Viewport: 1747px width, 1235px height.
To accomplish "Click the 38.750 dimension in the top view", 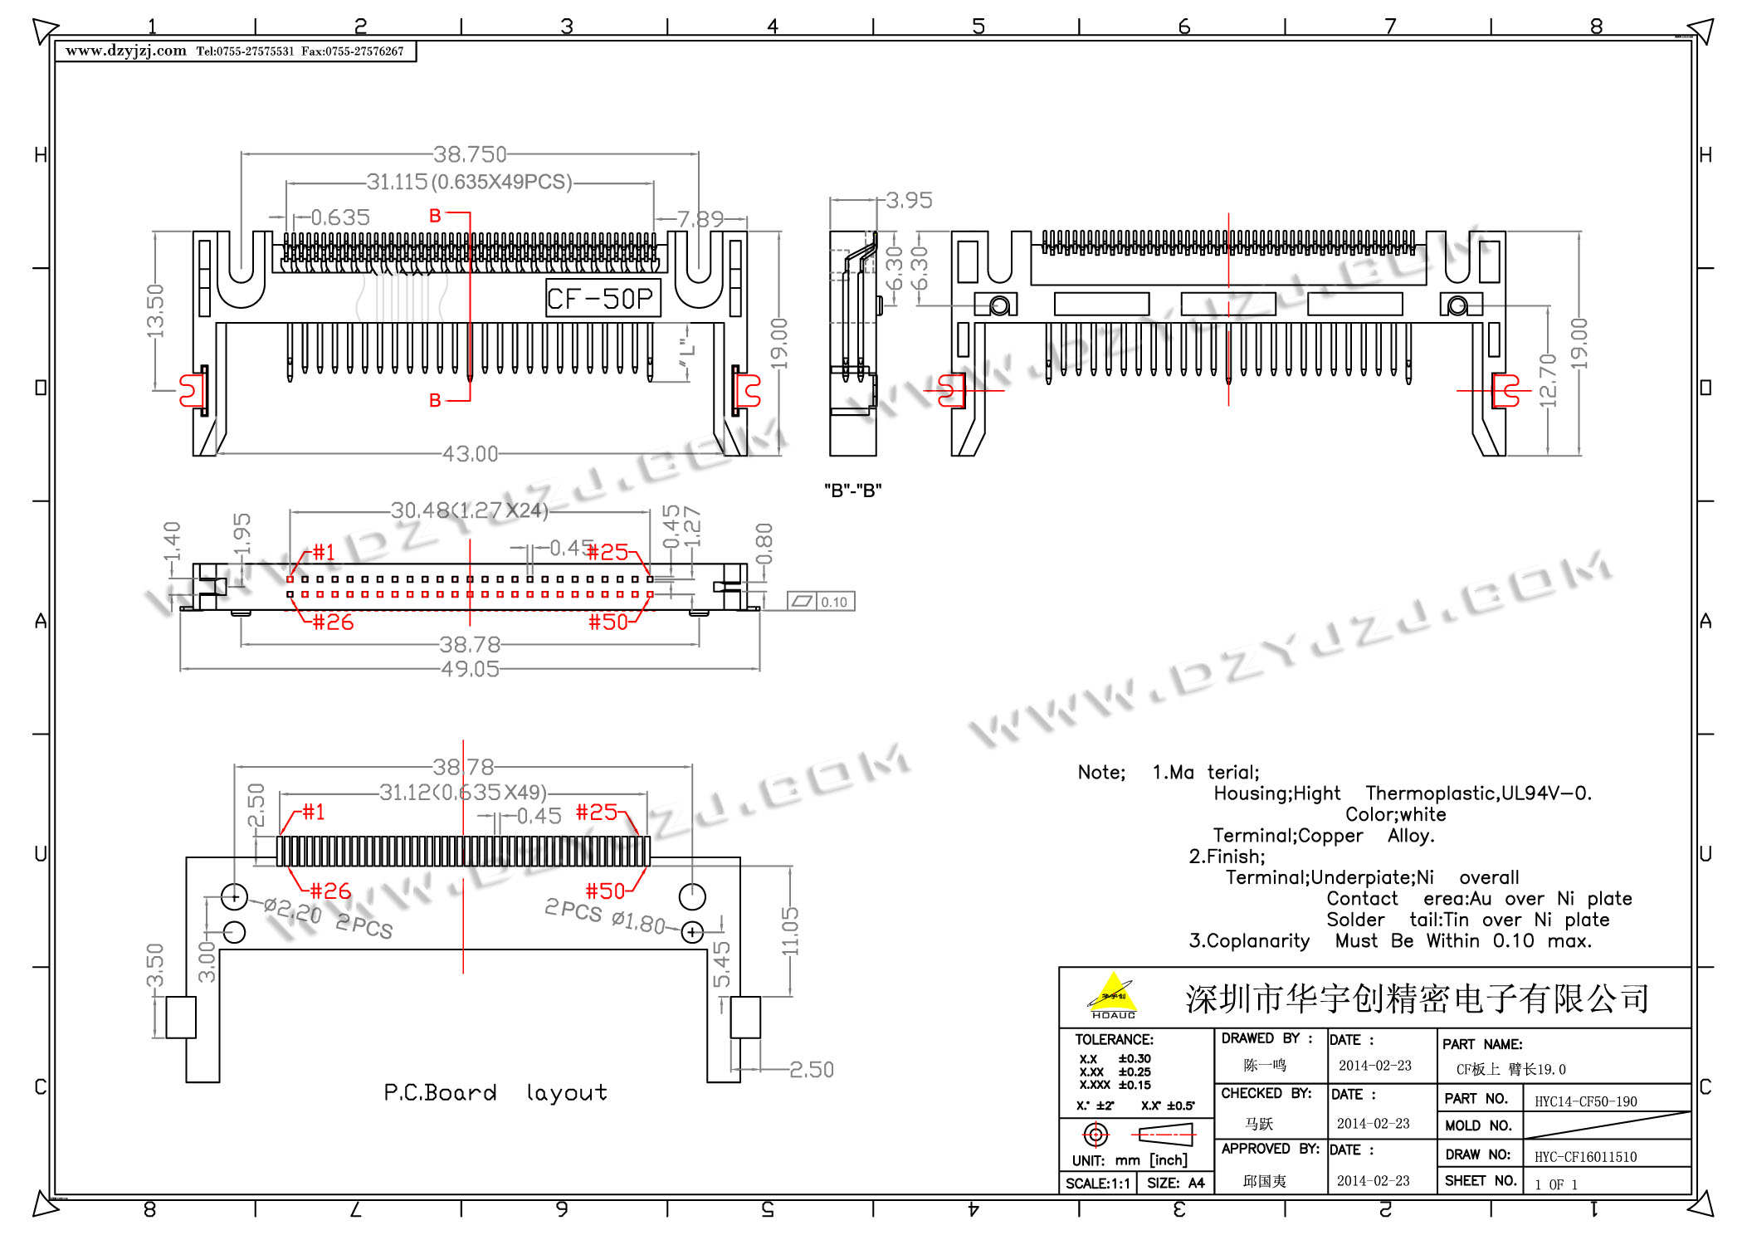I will coord(470,154).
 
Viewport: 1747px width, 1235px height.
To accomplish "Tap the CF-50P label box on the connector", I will coord(603,298).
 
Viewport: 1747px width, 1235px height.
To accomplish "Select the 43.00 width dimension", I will coord(470,454).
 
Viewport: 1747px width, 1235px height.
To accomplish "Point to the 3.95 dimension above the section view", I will coord(909,200).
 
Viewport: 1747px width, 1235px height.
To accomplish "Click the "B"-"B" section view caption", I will coord(852,491).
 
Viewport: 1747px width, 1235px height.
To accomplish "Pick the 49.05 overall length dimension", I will coord(470,669).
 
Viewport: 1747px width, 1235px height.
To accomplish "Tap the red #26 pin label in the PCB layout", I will coord(330,891).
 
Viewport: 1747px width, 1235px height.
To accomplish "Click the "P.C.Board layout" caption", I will coord(495,1092).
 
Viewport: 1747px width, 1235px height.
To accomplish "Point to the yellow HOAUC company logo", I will coord(1113,994).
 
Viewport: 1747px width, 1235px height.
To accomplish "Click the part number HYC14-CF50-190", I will coord(1585,1101).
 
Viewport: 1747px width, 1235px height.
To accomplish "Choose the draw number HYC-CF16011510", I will coord(1585,1156).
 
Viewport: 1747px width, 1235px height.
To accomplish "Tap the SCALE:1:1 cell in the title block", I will coord(1098,1183).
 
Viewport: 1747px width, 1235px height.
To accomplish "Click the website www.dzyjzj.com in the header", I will coord(126,51).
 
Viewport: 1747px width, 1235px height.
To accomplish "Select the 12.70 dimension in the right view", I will coord(1548,380).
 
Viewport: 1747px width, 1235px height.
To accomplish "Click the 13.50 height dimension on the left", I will coord(155,311).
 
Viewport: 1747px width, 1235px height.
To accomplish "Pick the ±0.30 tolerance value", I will coord(1134,1058).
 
